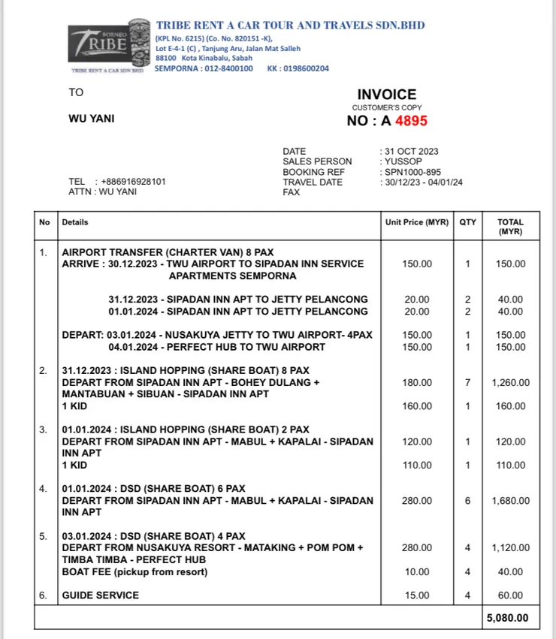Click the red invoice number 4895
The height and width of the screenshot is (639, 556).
coord(411,121)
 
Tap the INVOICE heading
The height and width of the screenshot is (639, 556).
coord(386,95)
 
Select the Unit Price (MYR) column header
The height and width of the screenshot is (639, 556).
coord(416,222)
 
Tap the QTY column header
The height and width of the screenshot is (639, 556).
coord(467,222)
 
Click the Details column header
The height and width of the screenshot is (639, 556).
coord(75,222)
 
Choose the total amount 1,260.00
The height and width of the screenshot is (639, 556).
coord(510,382)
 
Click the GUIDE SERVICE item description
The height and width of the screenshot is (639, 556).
coord(101,595)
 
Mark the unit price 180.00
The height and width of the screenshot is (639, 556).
coord(417,382)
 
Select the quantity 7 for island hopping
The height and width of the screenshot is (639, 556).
coord(467,382)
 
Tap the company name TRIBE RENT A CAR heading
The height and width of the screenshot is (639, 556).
coord(290,26)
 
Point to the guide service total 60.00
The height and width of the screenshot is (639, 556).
coord(510,595)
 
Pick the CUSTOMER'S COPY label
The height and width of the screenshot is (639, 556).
coord(386,108)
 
